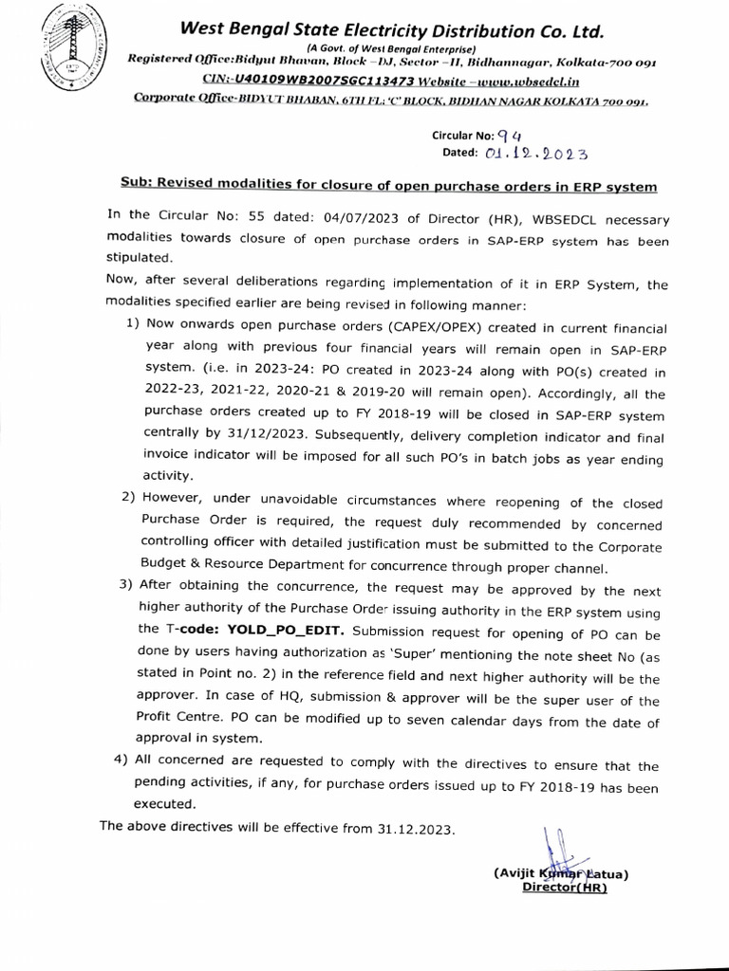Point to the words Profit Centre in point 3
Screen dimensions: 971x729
(x=181, y=721)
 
